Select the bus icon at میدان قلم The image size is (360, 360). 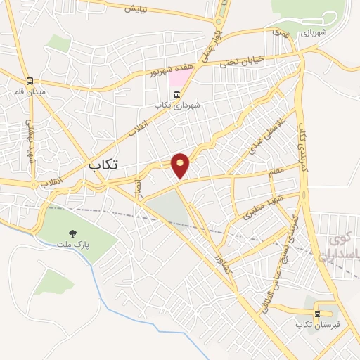[x=29, y=81]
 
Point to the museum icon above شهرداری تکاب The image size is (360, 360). [x=176, y=95]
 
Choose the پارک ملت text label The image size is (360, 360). [x=72, y=245]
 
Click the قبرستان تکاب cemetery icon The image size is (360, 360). [x=317, y=314]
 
